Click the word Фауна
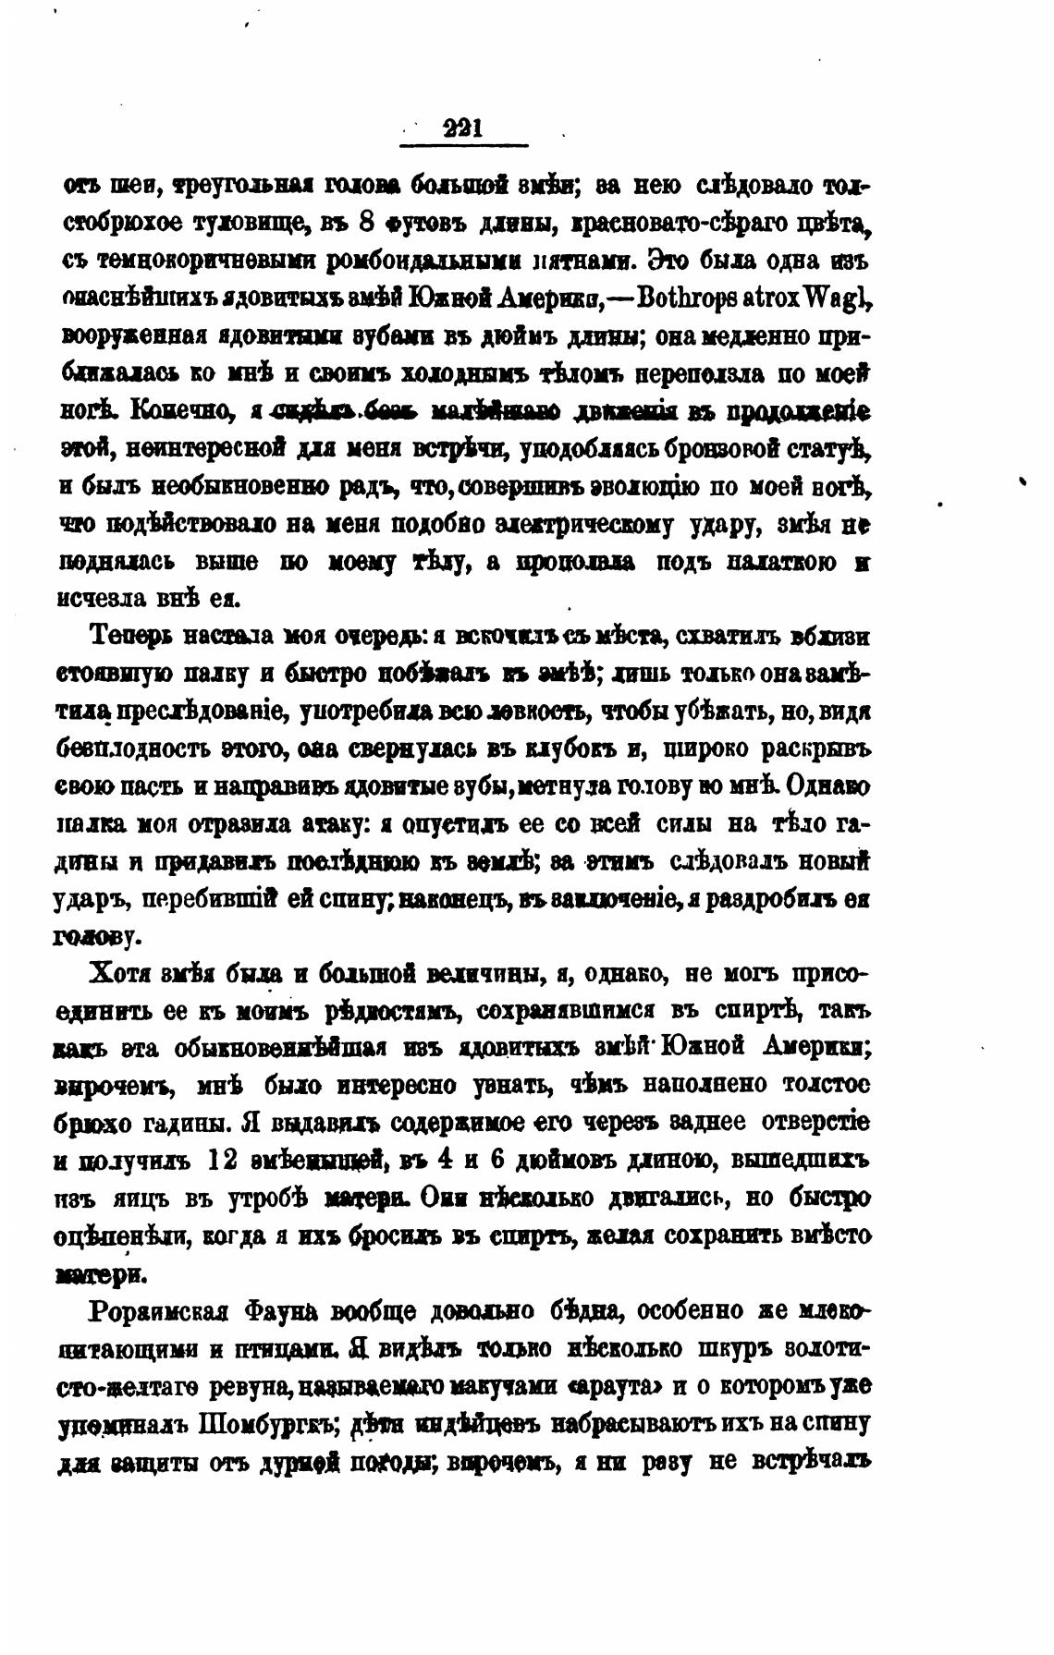[284, 1311]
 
